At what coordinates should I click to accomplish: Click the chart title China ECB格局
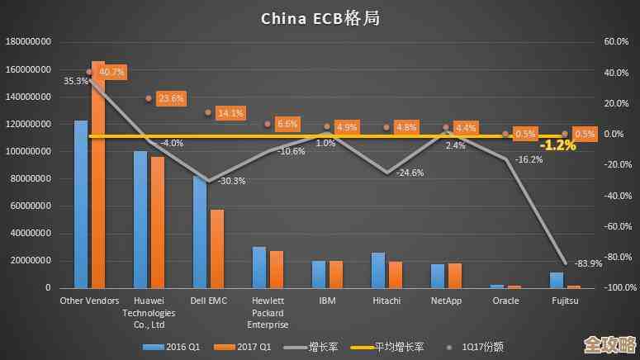(320, 17)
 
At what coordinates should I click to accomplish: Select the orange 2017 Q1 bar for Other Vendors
(98, 173)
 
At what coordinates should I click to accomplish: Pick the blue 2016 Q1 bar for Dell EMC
(200, 231)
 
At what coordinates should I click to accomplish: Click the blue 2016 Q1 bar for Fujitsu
(557, 280)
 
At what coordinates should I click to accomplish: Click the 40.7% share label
(111, 73)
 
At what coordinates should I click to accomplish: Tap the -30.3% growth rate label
(233, 181)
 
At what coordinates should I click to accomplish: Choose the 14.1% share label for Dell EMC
(230, 113)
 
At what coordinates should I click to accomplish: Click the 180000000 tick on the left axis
(29, 42)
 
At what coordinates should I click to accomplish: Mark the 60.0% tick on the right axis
(617, 42)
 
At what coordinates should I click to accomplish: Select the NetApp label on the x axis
(447, 301)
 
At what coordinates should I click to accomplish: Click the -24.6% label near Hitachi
(410, 173)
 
